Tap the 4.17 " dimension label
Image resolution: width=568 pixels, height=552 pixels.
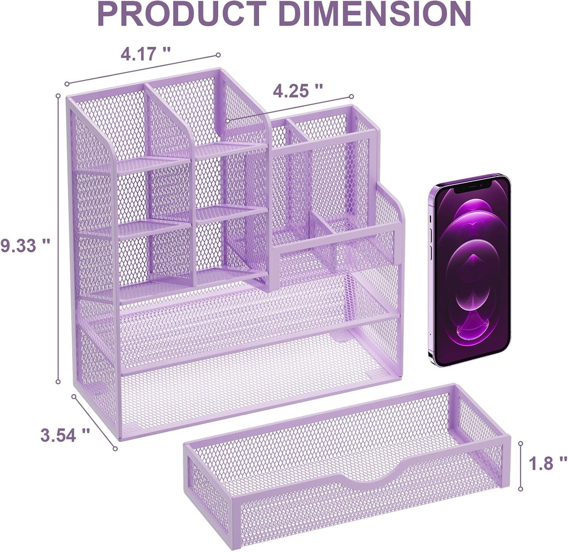[x=145, y=53]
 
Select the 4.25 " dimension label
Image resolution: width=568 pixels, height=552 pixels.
[x=298, y=91]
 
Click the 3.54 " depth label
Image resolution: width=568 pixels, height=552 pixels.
[x=65, y=435]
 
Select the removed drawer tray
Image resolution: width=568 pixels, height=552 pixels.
[x=346, y=464]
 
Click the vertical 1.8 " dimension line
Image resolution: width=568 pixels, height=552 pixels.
[x=520, y=466]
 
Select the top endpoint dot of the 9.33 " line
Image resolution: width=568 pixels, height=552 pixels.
[x=58, y=96]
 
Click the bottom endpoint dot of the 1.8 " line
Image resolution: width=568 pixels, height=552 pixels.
[x=520, y=489]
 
